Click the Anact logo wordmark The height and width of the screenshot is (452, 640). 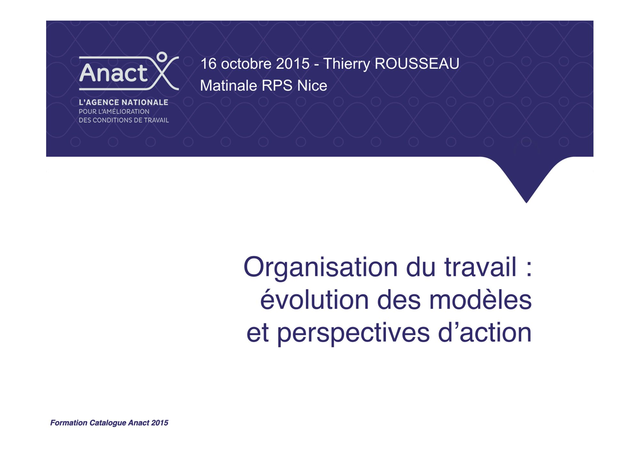coord(113,73)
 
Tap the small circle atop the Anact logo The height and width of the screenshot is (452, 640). coord(162,57)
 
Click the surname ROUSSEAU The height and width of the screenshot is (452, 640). coord(417,64)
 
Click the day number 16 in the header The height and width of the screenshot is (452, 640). coord(209,64)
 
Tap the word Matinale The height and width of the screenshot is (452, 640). coord(228,86)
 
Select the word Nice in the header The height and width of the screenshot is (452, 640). coord(312,86)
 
